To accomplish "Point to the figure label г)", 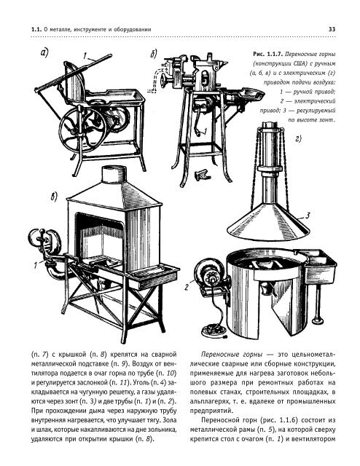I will click(297, 138).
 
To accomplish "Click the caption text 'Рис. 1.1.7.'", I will click(265, 54).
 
